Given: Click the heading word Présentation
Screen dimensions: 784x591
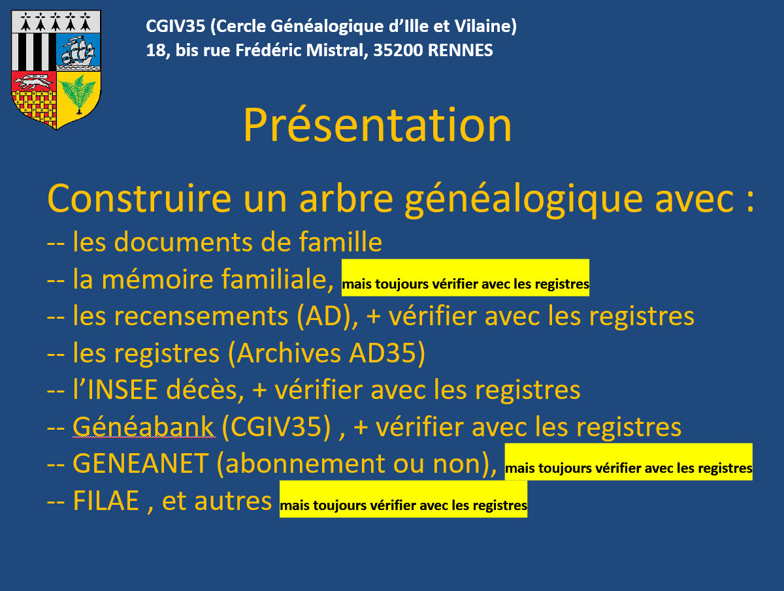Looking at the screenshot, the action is (x=378, y=125).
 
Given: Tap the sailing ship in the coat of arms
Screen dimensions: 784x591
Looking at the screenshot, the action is (x=78, y=51).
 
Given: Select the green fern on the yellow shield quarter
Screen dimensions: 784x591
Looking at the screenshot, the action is (x=78, y=94).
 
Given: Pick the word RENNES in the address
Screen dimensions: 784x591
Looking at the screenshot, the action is (x=461, y=50).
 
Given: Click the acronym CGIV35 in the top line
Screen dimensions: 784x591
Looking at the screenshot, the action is (x=175, y=26).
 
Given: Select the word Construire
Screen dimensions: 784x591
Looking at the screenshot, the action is (x=139, y=199).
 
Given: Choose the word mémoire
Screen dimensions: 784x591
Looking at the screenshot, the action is (x=157, y=279).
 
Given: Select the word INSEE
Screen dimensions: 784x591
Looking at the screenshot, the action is (x=122, y=390).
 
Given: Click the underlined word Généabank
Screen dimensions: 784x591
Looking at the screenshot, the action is (x=143, y=427).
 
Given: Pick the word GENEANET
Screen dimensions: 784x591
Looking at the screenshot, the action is (x=140, y=464).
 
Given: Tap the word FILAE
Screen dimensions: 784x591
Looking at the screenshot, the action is (x=106, y=501).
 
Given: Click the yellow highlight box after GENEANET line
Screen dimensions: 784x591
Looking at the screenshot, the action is (x=629, y=462).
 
